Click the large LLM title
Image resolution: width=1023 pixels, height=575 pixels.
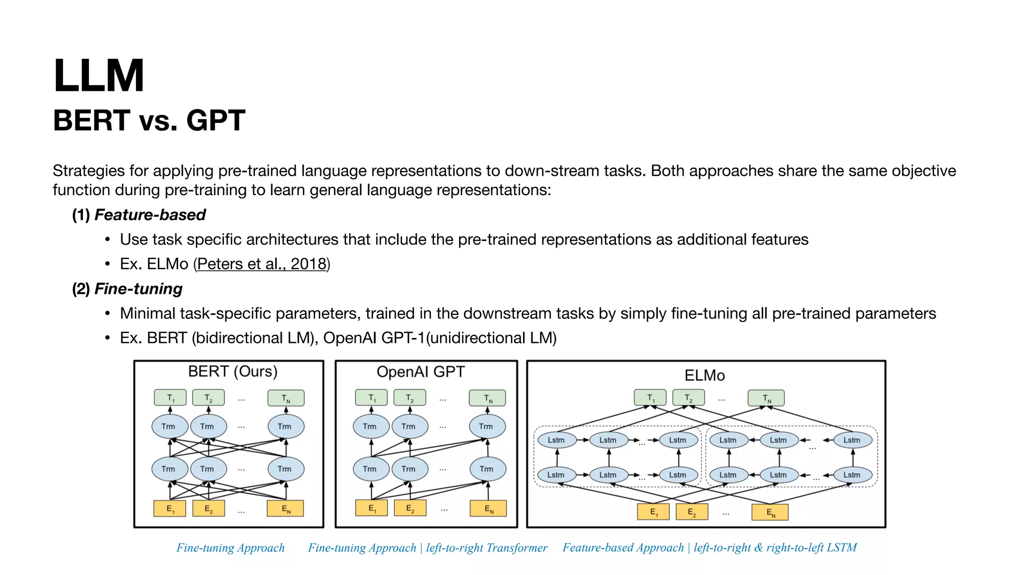coord(98,76)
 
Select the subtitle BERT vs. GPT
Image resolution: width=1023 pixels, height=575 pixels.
coord(149,120)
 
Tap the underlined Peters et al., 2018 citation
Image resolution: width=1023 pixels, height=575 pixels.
coord(262,264)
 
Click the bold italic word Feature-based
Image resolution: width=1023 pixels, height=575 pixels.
coord(150,215)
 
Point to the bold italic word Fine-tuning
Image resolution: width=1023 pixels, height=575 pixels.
coord(138,288)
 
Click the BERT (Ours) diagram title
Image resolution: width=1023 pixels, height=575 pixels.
coord(232,371)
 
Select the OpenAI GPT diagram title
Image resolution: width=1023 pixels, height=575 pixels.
coord(421,372)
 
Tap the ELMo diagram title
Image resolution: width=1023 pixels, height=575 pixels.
coord(704,375)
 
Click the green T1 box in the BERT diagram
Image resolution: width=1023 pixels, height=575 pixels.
coord(170,398)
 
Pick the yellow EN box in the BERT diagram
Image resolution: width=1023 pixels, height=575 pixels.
coord(285,509)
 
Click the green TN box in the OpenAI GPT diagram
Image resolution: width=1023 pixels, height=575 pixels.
coord(488,398)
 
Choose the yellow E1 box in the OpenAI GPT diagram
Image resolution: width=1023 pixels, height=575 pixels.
coord(372,508)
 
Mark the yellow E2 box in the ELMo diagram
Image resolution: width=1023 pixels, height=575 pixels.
coord(692,512)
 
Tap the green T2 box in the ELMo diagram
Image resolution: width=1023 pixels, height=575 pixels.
coord(688,398)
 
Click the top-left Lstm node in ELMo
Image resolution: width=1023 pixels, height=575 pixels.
coord(556,440)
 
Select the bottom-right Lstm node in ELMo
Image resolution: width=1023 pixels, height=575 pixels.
coord(852,475)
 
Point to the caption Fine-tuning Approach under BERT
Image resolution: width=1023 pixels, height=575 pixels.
coord(230,548)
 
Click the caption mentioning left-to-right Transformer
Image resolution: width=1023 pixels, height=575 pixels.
coord(428,548)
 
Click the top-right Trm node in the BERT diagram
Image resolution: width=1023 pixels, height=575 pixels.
coord(285,426)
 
